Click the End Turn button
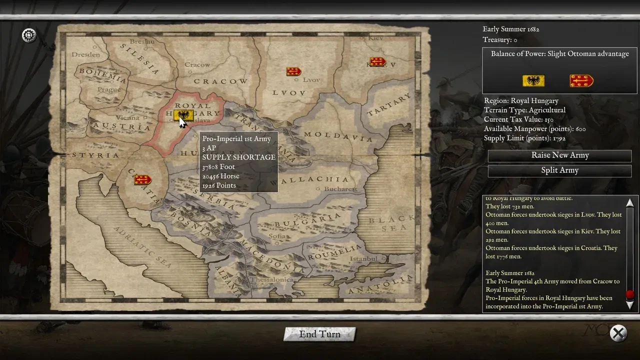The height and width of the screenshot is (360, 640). click(319, 334)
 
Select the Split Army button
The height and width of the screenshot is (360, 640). click(559, 170)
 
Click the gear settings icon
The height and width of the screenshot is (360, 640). click(29, 35)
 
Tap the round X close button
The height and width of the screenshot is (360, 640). click(618, 333)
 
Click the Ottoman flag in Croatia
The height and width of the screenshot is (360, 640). click(142, 179)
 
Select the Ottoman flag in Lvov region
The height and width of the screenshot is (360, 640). click(293, 71)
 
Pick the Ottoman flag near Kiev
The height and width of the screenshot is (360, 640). click(377, 62)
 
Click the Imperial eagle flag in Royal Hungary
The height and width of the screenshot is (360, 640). click(184, 116)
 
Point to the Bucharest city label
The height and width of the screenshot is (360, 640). click(340, 189)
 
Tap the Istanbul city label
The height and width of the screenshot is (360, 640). click(363, 258)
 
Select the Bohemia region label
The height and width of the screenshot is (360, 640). click(103, 74)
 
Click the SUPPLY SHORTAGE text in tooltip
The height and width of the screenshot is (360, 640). click(238, 157)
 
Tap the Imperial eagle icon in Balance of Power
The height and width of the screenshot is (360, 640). click(533, 80)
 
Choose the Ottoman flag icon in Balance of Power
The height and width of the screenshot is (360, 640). click(581, 80)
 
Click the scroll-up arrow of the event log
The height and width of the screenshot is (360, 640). click(629, 203)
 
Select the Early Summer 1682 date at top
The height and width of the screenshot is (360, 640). click(510, 29)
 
